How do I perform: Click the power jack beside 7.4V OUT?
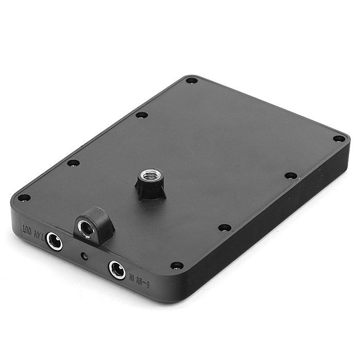53,241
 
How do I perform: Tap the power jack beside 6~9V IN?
117,269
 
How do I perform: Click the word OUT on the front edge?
26,228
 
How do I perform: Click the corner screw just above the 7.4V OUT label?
24,197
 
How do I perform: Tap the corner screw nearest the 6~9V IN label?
176,265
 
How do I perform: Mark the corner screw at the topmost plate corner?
191,80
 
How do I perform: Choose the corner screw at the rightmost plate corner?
338,138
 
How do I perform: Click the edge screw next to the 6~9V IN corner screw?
224,227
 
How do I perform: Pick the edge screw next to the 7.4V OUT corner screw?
74,163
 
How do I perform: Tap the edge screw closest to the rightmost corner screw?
291,175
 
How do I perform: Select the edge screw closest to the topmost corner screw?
141,115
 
